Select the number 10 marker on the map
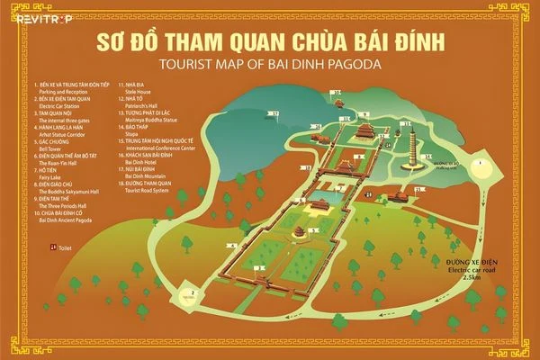coord(337,92)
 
